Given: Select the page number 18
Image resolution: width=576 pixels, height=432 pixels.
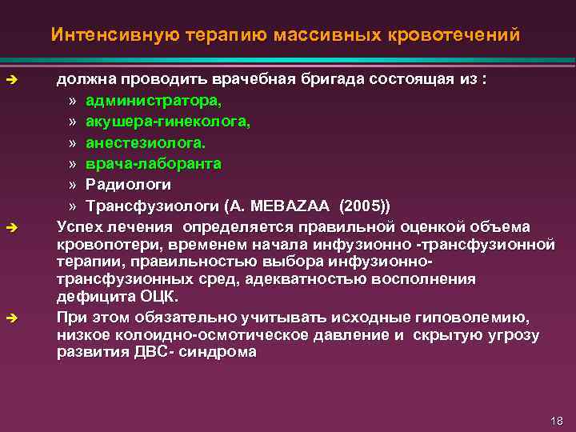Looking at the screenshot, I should pos(558,421).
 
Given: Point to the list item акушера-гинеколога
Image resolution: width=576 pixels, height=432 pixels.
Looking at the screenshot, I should pos(168,122).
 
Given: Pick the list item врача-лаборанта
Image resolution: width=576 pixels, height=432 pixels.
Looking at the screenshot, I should pos(154,163).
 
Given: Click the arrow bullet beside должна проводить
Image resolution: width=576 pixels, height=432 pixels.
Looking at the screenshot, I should pos(11,81).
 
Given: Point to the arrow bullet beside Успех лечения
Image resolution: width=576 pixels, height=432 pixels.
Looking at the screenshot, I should pos(11,227).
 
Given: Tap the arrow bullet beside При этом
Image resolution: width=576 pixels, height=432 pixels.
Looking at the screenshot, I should pos(11,318).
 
